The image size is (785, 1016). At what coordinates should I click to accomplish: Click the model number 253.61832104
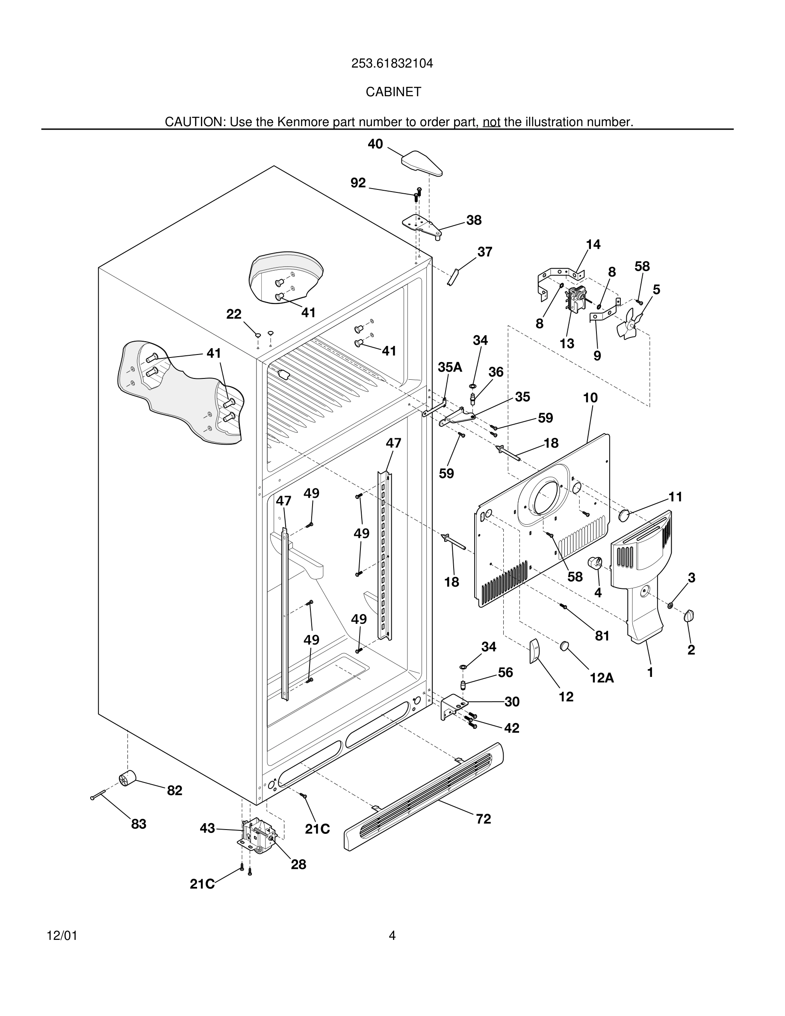pyautogui.click(x=392, y=63)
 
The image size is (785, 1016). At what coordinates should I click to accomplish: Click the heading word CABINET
pyautogui.click(x=393, y=92)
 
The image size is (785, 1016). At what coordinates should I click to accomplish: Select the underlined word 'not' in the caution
pyautogui.click(x=491, y=122)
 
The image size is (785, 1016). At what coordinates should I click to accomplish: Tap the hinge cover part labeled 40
pyautogui.click(x=421, y=163)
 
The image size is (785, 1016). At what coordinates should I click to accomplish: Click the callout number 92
pyautogui.click(x=358, y=183)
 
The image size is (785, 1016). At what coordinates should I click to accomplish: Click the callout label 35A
pyautogui.click(x=450, y=367)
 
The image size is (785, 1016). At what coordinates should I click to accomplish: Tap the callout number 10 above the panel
pyautogui.click(x=590, y=398)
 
